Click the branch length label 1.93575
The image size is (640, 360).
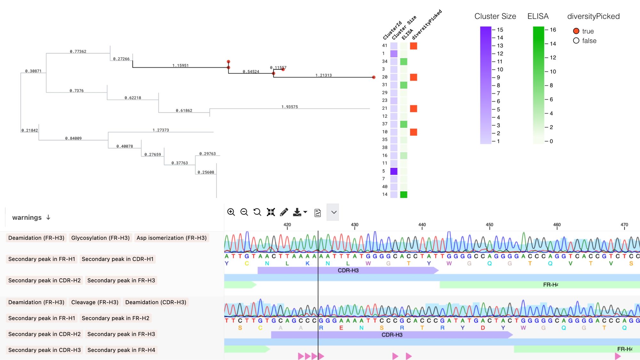click(x=290, y=107)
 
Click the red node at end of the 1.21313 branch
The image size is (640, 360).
click(x=373, y=77)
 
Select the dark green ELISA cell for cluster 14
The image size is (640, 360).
click(x=404, y=195)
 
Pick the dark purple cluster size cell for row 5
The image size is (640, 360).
click(x=394, y=171)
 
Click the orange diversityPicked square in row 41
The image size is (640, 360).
click(x=413, y=46)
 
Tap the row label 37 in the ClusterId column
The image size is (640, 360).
click(x=385, y=124)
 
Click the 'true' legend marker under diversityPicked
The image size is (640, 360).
click(x=576, y=31)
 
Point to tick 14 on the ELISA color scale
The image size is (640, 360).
click(x=553, y=44)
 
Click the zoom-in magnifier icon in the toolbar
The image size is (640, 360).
click(x=231, y=212)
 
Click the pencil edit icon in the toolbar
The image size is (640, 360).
click(x=284, y=212)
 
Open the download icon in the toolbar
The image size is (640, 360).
click(x=297, y=212)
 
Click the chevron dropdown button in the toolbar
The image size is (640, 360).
click(x=333, y=212)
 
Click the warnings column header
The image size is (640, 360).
click(x=27, y=218)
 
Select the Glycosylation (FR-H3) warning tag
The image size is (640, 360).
click(x=100, y=238)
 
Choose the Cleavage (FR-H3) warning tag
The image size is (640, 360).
click(x=95, y=302)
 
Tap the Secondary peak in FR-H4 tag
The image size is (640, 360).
click(x=121, y=350)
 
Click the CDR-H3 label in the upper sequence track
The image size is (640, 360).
click(x=348, y=270)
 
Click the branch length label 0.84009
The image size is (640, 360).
click(x=73, y=138)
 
